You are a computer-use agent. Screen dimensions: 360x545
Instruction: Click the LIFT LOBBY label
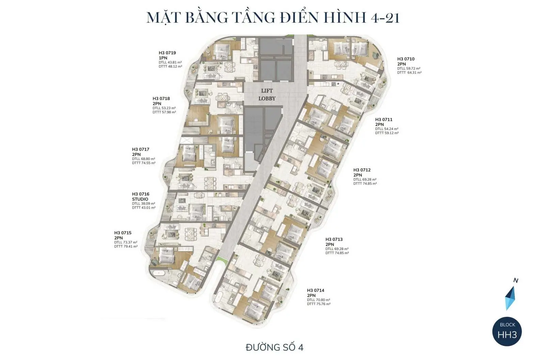[267, 95]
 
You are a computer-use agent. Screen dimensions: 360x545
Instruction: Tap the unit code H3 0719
[167, 53]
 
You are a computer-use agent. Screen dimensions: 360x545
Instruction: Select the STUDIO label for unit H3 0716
[140, 199]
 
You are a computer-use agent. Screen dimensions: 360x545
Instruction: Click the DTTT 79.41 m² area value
[126, 246]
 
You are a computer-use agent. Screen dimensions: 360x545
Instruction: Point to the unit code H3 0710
[406, 59]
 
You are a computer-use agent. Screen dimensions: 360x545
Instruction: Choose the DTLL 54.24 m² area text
[387, 129]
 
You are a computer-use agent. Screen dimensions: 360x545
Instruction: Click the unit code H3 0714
[315, 291]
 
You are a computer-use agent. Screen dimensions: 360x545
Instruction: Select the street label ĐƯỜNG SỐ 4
[274, 347]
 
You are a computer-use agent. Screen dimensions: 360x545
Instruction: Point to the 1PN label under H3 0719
[163, 58]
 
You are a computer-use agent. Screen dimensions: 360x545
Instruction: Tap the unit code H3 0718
[161, 98]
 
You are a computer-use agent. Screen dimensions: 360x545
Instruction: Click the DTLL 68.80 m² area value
[143, 159]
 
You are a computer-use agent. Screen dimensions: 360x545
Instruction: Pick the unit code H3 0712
[362, 170]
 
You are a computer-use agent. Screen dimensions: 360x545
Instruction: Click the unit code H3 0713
[334, 239]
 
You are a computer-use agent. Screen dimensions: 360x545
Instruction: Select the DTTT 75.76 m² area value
[318, 304]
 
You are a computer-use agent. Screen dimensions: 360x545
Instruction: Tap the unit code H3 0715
[123, 233]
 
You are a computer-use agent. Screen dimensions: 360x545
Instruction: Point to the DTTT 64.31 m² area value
[409, 73]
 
